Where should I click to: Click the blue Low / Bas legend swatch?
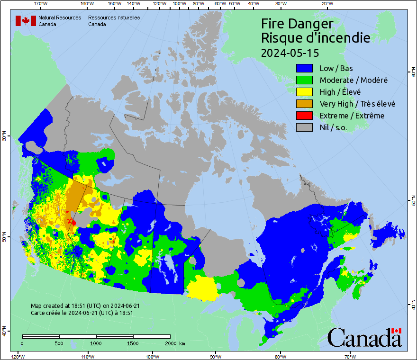(x=304, y=68)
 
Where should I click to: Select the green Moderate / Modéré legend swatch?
(x=304, y=80)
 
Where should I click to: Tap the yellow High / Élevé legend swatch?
(x=304, y=92)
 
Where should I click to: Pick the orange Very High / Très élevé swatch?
(x=304, y=104)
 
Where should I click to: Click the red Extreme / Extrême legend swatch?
(x=304, y=116)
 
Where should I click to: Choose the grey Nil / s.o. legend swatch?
(x=304, y=127)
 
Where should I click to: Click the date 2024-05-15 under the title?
(x=290, y=52)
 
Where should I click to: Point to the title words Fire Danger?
(x=297, y=24)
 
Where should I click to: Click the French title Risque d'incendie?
(x=316, y=38)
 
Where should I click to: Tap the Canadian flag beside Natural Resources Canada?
(x=26, y=21)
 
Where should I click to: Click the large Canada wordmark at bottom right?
(x=364, y=338)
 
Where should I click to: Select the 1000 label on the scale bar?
(x=96, y=343)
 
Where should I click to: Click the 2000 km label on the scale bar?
(x=175, y=343)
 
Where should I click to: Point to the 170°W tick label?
(x=41, y=4)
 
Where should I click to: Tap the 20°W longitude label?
(x=326, y=4)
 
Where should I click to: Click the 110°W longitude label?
(x=87, y=356)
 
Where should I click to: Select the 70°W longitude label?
(x=350, y=356)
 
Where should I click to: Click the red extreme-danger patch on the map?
(x=72, y=221)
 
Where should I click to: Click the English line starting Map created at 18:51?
(x=85, y=306)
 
